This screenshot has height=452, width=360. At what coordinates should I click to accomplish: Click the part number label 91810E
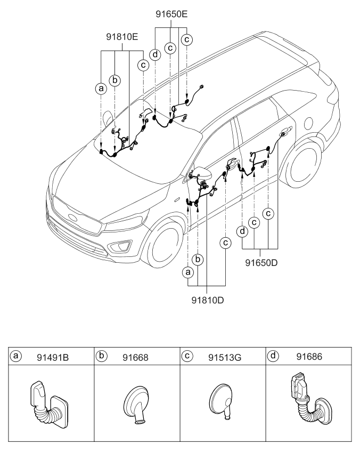tap(121, 37)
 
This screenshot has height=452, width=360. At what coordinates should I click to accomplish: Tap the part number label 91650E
tap(171, 14)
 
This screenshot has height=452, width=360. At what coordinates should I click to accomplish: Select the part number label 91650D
tap(261, 262)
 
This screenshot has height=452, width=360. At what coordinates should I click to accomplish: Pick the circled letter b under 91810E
tap(115, 80)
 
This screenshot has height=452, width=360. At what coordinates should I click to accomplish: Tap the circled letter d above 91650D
tap(243, 232)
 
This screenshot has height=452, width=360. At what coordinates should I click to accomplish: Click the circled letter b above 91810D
tap(198, 259)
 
